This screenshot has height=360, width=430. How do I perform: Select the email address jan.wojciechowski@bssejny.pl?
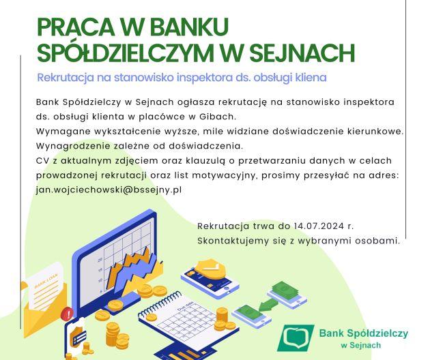[109, 190]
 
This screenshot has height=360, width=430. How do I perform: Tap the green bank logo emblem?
[296, 337]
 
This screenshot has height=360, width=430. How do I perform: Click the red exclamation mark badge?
[68, 314]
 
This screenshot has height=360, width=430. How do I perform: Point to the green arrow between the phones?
[268, 305]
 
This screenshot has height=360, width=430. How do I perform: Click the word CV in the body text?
[42, 160]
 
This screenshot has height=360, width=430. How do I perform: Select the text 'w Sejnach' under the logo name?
[361, 345]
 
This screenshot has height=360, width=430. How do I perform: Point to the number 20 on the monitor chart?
[100, 259]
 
